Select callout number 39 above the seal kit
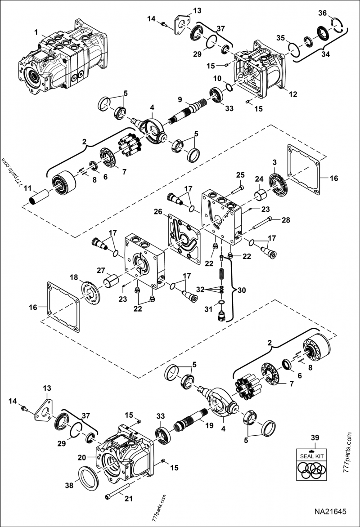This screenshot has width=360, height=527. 315,438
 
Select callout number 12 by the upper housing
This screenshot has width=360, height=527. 293,94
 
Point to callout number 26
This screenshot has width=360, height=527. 157,211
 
